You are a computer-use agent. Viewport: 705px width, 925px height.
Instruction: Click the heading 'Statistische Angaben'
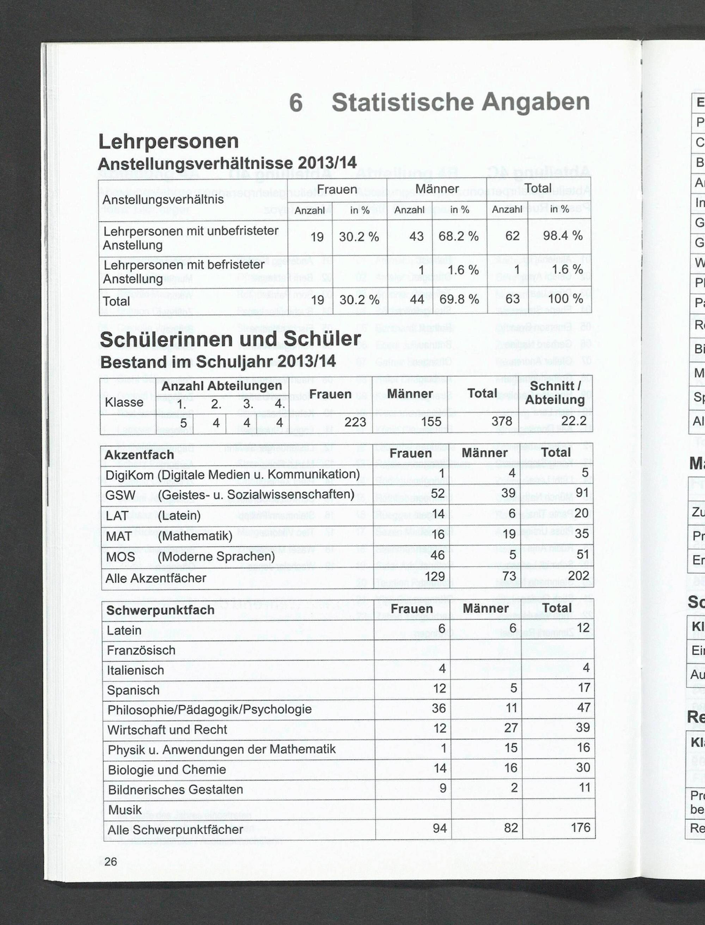click(x=460, y=102)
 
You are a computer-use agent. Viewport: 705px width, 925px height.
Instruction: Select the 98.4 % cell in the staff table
click(x=562, y=236)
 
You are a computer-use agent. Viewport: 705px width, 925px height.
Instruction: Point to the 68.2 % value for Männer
click(x=458, y=236)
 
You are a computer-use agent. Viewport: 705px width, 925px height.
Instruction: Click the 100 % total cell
click(x=565, y=299)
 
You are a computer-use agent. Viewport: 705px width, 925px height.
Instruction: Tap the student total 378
click(x=502, y=421)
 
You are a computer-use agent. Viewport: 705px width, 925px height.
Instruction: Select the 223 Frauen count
click(x=355, y=421)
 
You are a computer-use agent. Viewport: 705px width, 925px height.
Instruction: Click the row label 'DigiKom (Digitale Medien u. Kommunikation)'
click(x=233, y=474)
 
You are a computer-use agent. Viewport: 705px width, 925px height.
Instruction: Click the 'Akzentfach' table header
click(x=139, y=455)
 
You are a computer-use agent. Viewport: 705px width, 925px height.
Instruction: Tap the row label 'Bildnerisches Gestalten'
click(x=176, y=789)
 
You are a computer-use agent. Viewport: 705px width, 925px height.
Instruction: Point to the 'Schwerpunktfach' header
click(x=160, y=610)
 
